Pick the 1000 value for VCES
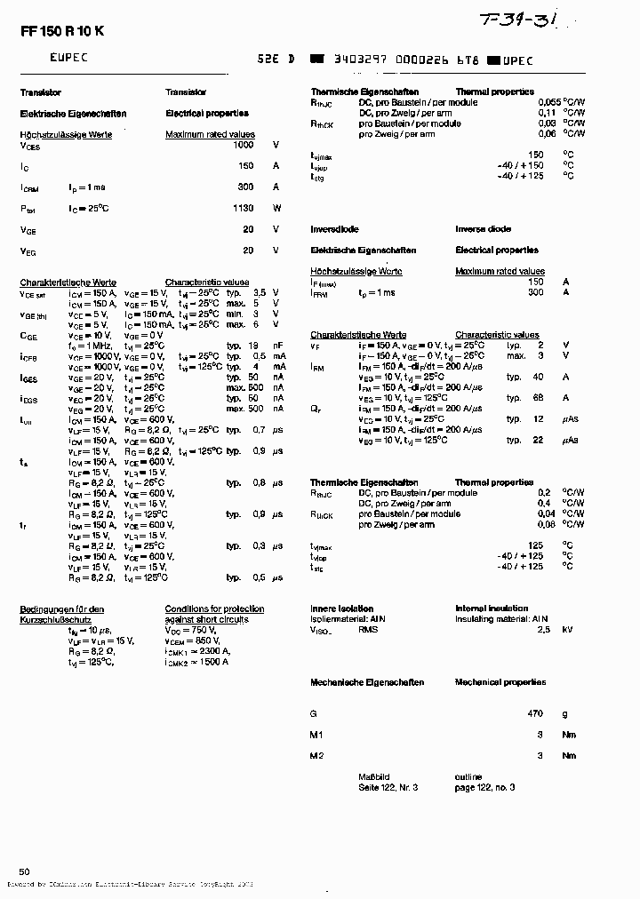(x=243, y=144)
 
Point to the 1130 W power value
(x=243, y=208)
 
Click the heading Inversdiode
(x=335, y=228)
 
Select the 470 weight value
(x=534, y=713)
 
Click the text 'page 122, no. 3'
(x=485, y=787)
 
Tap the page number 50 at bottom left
(x=25, y=871)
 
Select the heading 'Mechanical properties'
(x=500, y=682)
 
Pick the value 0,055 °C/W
(x=550, y=102)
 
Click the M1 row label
(x=316, y=735)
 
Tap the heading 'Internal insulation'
(x=492, y=609)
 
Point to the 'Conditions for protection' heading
(x=214, y=609)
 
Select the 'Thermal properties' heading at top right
(x=494, y=91)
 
